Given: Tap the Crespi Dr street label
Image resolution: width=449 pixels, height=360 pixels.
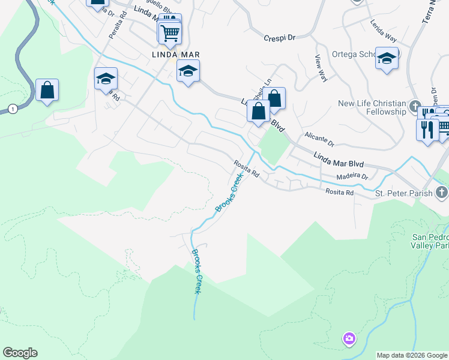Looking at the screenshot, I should click(x=280, y=38).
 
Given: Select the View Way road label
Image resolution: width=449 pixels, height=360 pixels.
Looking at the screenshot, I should click(x=321, y=68).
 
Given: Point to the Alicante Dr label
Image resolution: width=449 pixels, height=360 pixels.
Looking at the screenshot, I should click(x=319, y=140).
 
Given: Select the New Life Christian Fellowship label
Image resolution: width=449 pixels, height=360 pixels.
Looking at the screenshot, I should click(x=372, y=107).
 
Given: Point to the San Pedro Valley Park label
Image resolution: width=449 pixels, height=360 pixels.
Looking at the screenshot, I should click(x=430, y=241).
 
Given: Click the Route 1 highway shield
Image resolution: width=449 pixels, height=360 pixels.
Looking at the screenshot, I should click(x=11, y=109).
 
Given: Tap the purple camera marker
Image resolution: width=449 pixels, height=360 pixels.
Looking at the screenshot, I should click(x=349, y=340).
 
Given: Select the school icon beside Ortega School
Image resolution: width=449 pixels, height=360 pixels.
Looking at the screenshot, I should click(x=387, y=58).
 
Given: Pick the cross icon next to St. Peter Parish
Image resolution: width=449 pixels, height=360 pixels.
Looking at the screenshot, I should click(x=442, y=193).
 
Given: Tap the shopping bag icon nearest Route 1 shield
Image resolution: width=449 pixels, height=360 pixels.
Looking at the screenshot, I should click(x=47, y=91).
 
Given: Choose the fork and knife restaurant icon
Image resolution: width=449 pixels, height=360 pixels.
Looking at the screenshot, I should click(x=427, y=129).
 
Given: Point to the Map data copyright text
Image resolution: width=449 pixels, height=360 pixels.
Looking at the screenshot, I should click(x=412, y=355).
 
